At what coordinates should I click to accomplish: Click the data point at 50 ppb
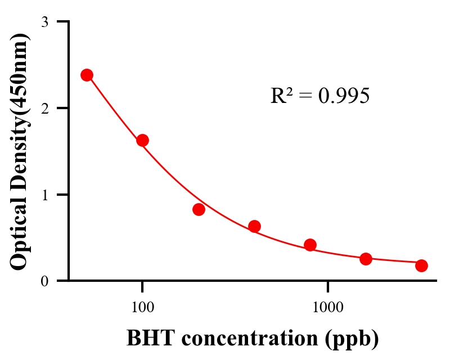[x=87, y=75]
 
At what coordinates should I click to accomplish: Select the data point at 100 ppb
[x=142, y=140]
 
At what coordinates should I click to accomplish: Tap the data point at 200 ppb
[x=199, y=209]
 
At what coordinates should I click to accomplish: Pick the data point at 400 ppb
[x=254, y=226]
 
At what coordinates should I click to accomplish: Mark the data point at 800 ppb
[x=310, y=245]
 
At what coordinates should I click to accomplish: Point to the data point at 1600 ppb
[x=366, y=259]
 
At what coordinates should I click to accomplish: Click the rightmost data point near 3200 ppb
[x=421, y=265]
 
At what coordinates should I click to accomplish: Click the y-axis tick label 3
[x=45, y=22]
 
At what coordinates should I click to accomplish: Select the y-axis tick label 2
[x=45, y=108]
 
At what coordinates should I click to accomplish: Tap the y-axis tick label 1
[x=45, y=195]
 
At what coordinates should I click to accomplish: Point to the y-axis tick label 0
[x=45, y=281]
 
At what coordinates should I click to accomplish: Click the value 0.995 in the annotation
[x=344, y=96]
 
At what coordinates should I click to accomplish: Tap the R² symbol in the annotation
[x=281, y=96]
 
